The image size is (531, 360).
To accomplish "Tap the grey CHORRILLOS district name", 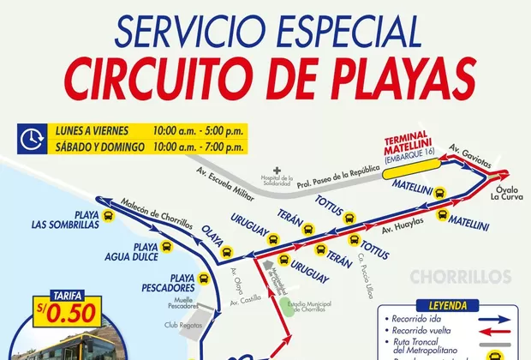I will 461,277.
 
